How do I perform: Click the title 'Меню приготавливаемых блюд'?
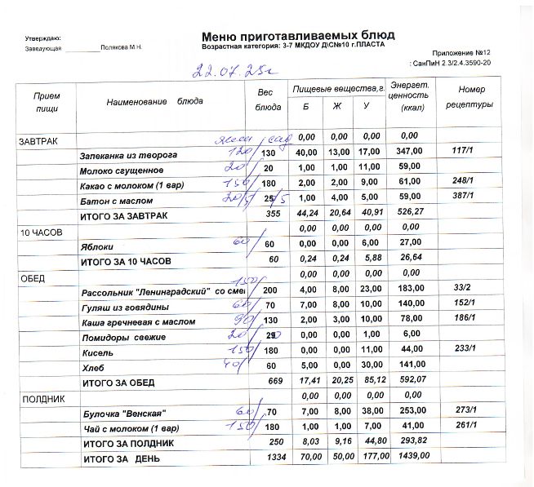point(297,36)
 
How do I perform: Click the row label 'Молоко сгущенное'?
point(121,170)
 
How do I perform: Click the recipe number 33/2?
point(461,289)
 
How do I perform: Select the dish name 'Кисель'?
point(92,353)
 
